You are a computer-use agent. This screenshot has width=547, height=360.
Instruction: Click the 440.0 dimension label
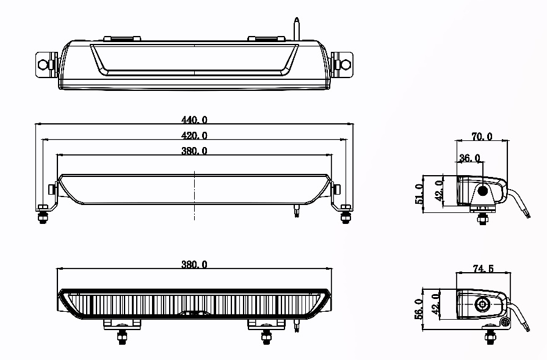[195, 120]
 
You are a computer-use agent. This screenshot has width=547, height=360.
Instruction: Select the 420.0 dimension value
[195, 135]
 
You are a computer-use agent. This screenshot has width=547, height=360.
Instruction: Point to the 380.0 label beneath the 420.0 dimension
[195, 151]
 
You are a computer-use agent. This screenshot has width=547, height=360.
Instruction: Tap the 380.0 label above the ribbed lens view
[195, 265]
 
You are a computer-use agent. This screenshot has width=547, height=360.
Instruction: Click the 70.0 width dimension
[482, 137]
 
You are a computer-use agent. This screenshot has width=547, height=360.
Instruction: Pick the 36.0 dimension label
[469, 158]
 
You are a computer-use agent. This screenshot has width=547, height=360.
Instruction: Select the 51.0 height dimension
[419, 195]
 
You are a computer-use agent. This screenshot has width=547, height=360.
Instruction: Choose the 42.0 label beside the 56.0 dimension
[436, 303]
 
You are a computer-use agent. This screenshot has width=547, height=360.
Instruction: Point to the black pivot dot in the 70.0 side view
[483, 191]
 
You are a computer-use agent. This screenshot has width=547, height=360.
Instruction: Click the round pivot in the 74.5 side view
[483, 304]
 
